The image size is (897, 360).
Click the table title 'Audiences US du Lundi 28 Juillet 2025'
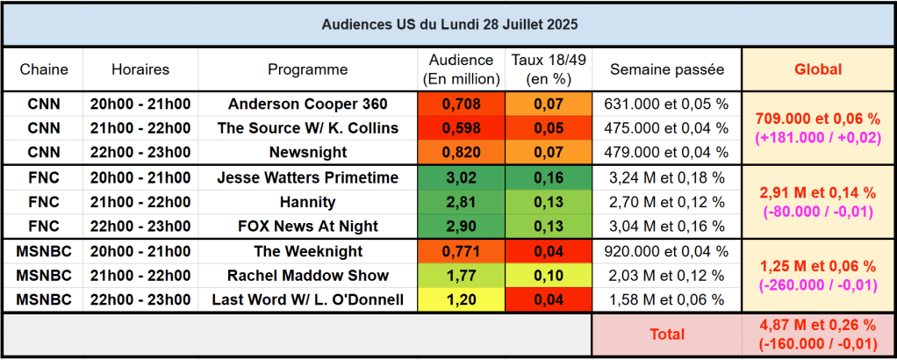(x=448, y=24)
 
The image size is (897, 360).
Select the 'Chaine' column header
(x=44, y=69)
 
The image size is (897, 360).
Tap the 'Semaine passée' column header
(x=667, y=69)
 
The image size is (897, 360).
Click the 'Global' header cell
(x=817, y=69)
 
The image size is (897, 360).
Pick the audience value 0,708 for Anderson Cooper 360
(x=462, y=104)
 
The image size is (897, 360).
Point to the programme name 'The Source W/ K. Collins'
(x=308, y=128)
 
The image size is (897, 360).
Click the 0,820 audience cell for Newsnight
(x=462, y=152)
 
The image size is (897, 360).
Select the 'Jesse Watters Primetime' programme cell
(x=308, y=177)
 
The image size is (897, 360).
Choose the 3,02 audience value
(x=462, y=177)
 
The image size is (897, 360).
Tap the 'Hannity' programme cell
(x=308, y=202)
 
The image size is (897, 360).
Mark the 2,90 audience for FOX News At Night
(x=462, y=227)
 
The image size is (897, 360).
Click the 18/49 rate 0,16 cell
(x=549, y=177)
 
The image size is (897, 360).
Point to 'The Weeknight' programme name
(x=308, y=251)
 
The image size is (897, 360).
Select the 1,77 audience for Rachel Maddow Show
(x=462, y=276)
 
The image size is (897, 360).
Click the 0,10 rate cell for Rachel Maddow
(x=549, y=276)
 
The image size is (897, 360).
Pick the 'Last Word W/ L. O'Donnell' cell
(x=308, y=300)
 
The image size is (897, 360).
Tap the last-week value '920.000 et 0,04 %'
(x=667, y=251)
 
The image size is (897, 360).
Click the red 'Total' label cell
(x=667, y=335)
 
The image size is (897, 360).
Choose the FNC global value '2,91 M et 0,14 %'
(x=817, y=192)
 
